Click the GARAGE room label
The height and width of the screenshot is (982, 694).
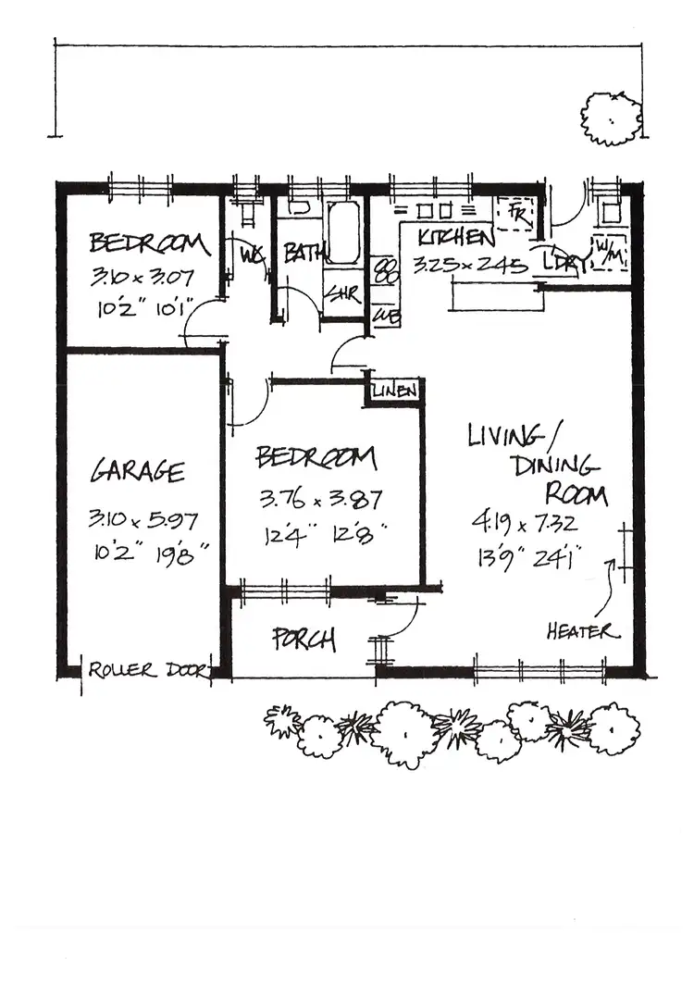tap(137, 472)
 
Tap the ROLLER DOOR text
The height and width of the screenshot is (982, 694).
tap(148, 670)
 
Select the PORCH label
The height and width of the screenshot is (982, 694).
tap(304, 640)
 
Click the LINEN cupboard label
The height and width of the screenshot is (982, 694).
tap(395, 392)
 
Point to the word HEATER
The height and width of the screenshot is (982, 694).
tap(580, 632)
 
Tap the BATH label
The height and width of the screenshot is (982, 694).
tap(299, 253)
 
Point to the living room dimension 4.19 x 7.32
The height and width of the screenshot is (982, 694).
tap(525, 524)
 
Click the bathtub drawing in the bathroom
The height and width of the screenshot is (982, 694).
tap(342, 231)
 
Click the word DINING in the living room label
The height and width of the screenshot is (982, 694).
tap(557, 465)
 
